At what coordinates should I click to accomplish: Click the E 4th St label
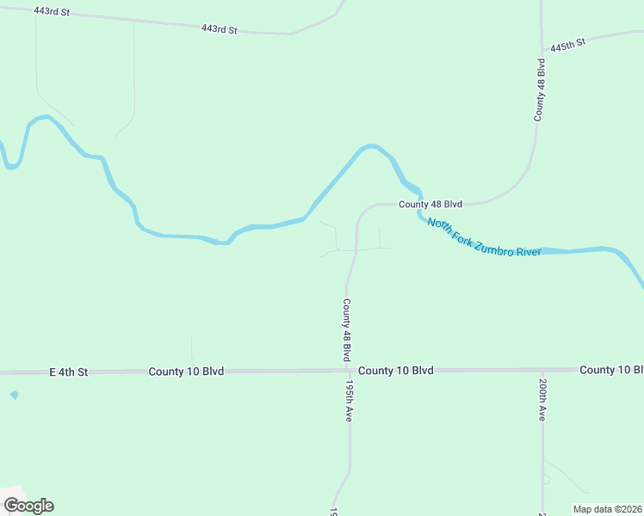(x=69, y=372)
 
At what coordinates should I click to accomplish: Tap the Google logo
(x=28, y=506)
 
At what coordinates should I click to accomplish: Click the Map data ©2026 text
(x=608, y=509)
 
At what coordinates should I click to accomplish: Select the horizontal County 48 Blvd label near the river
(x=430, y=204)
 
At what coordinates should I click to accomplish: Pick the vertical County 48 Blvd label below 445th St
(x=541, y=89)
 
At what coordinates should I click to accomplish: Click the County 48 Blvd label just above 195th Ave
(x=347, y=329)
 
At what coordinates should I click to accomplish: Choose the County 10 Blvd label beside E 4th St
(x=186, y=372)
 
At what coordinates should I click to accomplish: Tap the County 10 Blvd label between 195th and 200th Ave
(x=395, y=371)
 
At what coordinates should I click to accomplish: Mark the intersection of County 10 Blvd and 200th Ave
(x=542, y=370)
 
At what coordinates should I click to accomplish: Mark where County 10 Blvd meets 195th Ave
(x=349, y=371)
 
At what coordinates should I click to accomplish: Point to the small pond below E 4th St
(x=14, y=395)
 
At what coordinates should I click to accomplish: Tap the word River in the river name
(x=528, y=250)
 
